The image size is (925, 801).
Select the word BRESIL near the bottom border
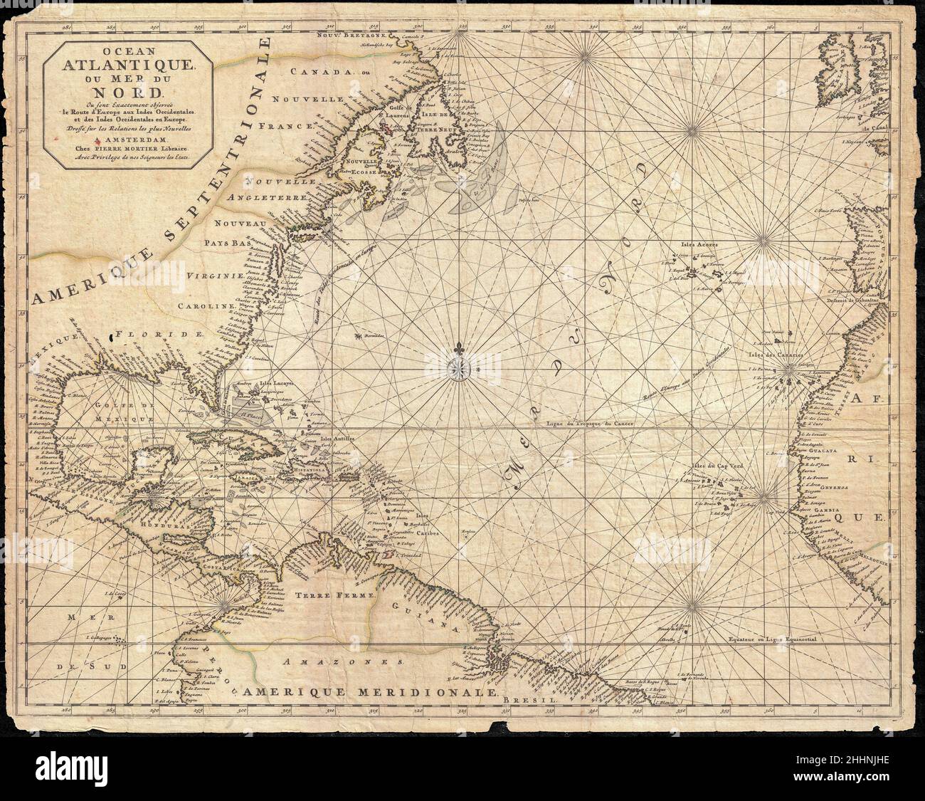click(527, 701)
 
